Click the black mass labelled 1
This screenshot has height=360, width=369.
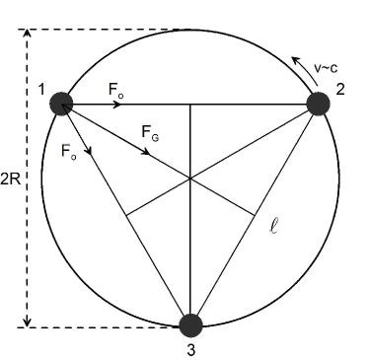[x=62, y=103]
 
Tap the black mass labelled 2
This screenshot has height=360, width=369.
[x=318, y=103]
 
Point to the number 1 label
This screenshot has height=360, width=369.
[x=42, y=90]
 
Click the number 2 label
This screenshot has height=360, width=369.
[x=338, y=90]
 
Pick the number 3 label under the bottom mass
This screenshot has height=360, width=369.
[x=191, y=348]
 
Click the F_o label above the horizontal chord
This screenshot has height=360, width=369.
[x=116, y=89]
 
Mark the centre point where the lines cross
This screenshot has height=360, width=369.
[x=190, y=178]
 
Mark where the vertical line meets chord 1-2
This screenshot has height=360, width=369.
[x=190, y=103]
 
